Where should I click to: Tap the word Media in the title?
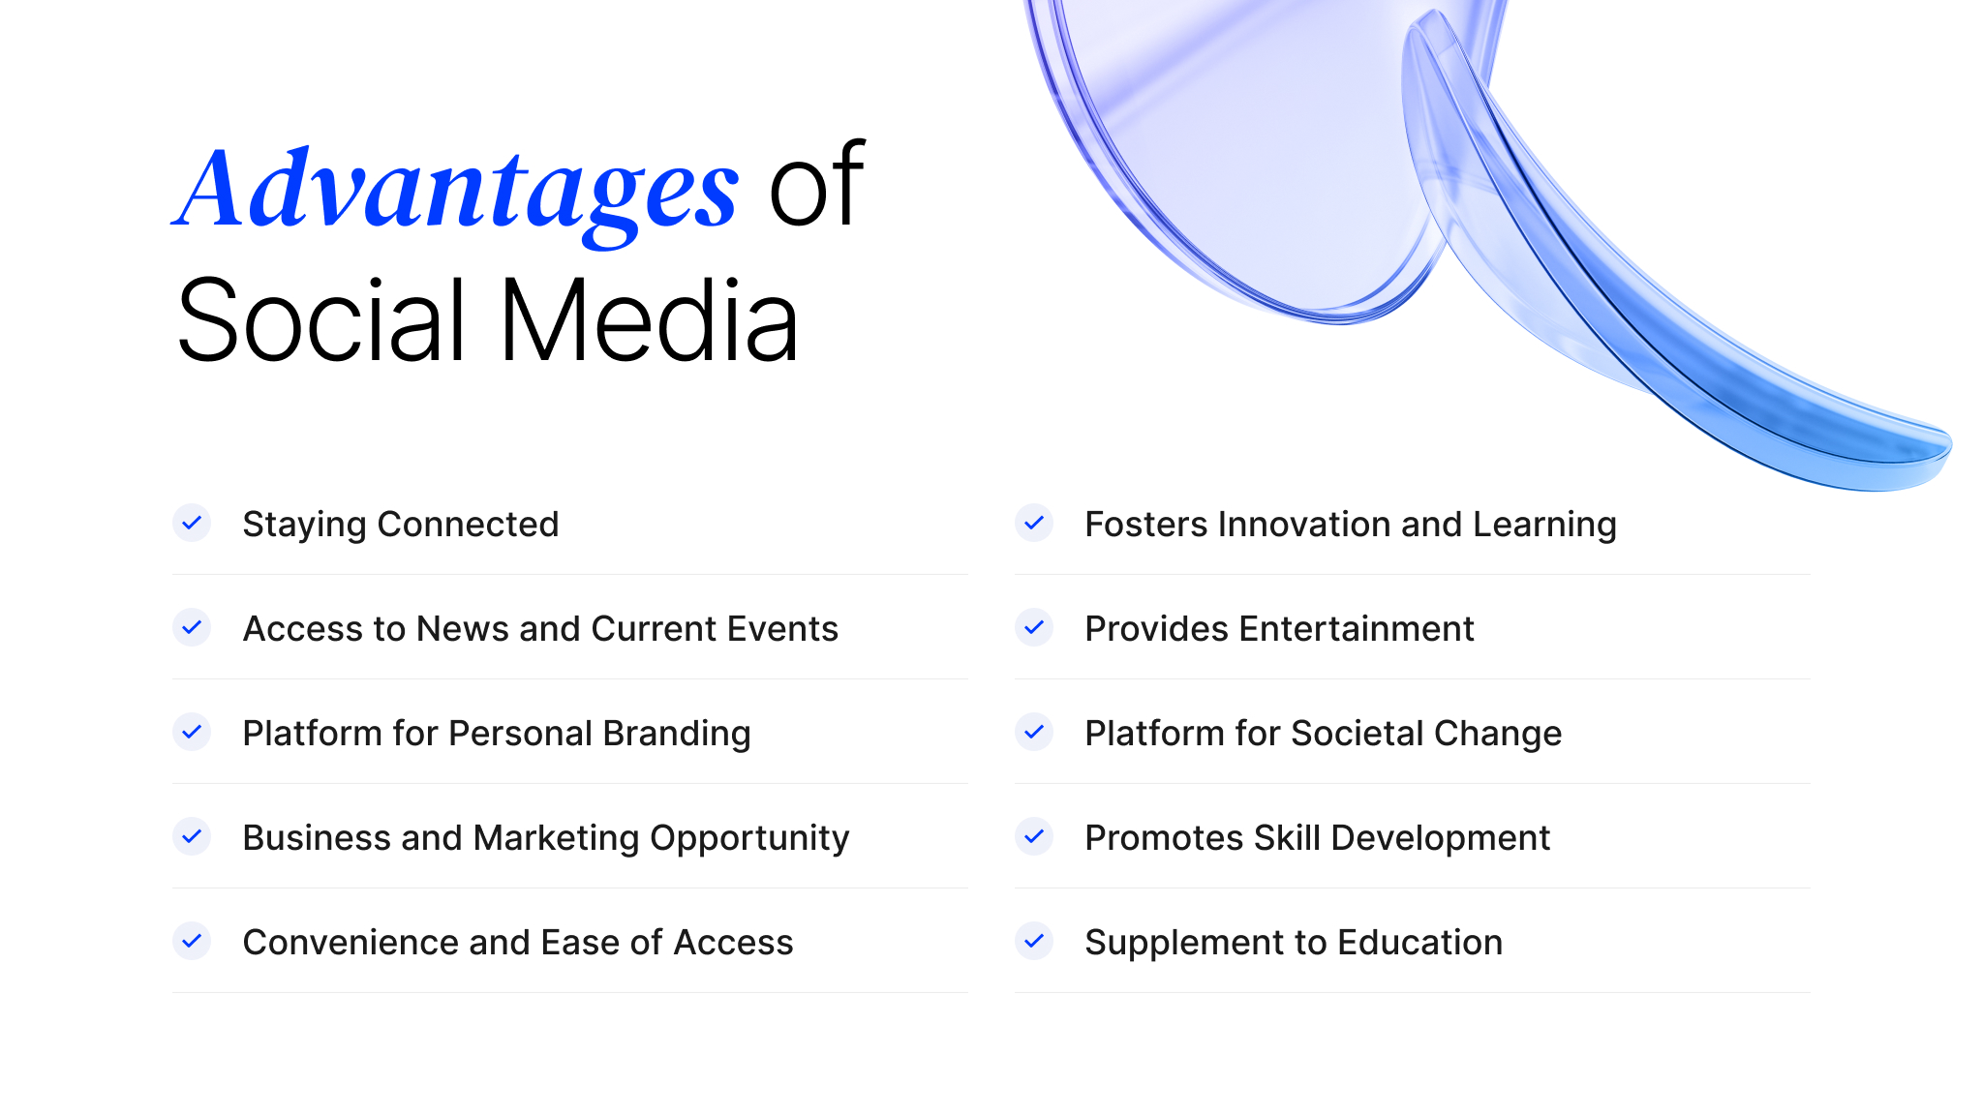(649, 321)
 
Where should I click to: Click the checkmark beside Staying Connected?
(192, 524)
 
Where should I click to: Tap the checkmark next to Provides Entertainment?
(1034, 628)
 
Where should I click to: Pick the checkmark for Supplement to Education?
(1034, 941)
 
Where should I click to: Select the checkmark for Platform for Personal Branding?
(192, 733)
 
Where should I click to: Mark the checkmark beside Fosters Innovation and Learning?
(1034, 524)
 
